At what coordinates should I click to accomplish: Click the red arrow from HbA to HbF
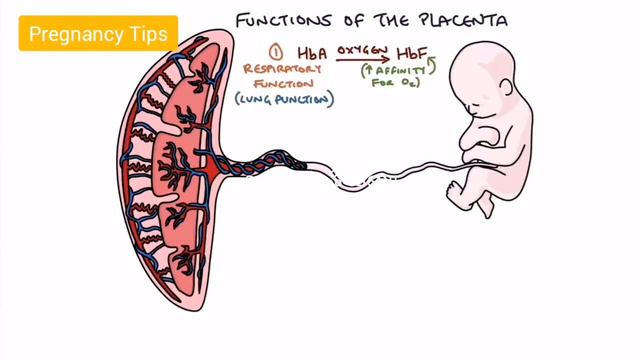[x=363, y=59]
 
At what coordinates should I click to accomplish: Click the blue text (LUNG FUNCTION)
[x=284, y=100]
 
